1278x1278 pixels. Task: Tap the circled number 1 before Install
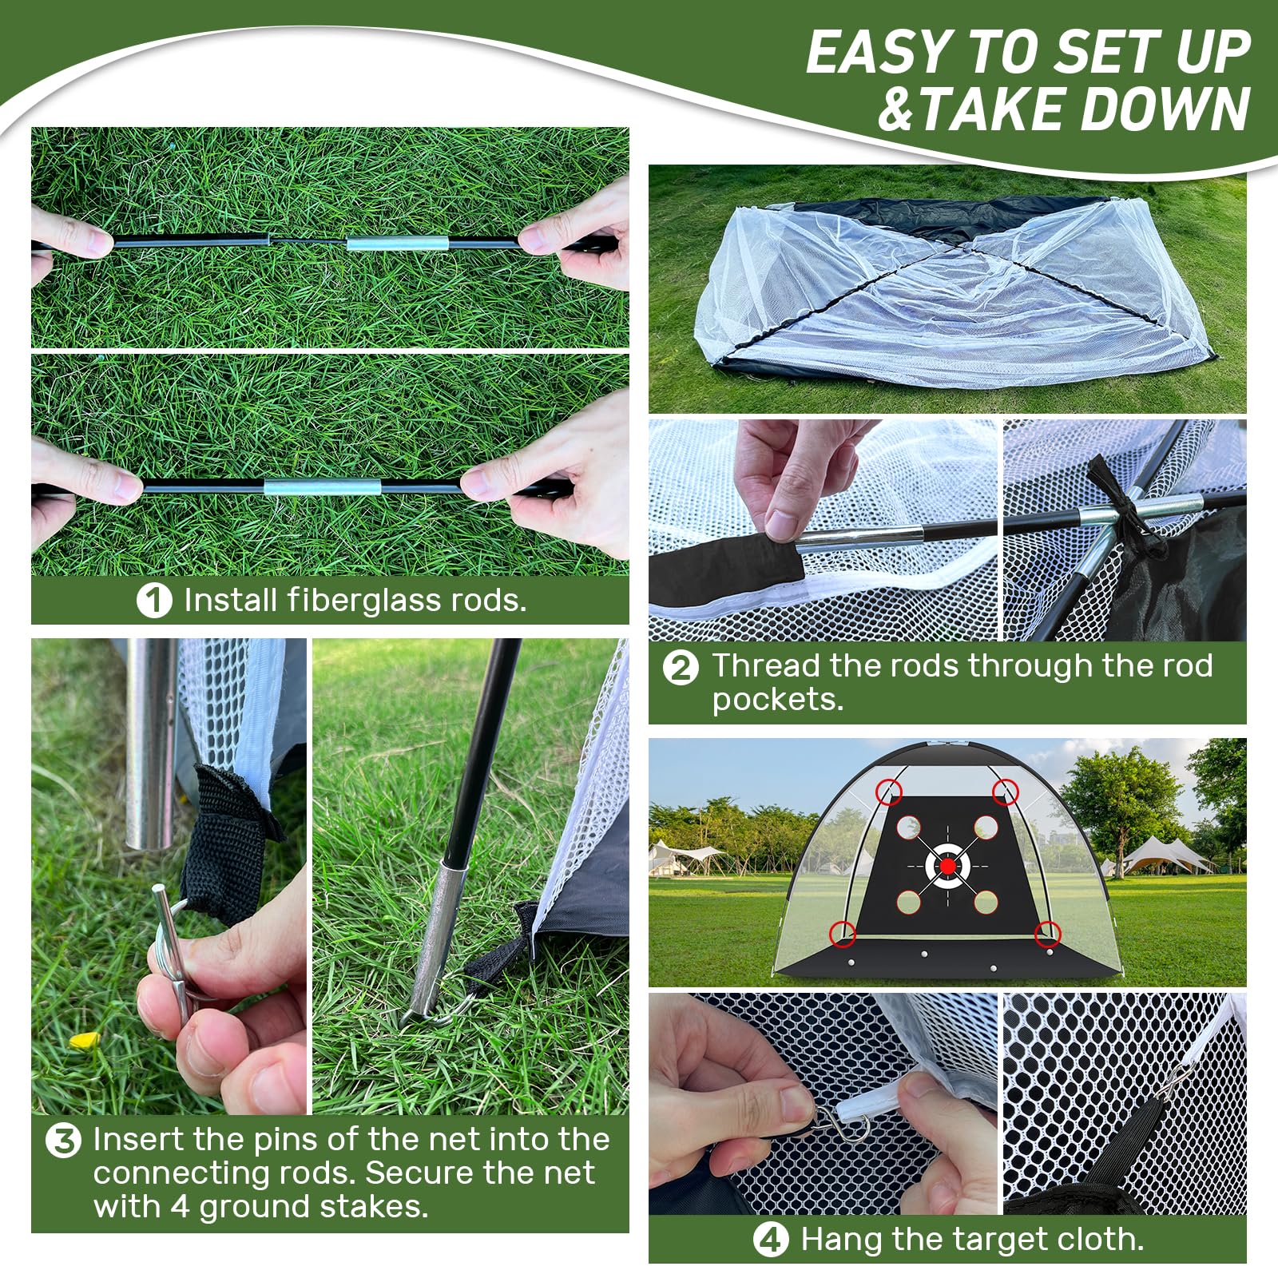click(x=154, y=601)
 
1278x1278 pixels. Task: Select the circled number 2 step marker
click(x=681, y=667)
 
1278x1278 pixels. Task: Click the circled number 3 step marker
click(x=63, y=1141)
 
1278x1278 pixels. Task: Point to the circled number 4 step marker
click(x=770, y=1240)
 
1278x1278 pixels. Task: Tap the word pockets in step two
click(x=776, y=701)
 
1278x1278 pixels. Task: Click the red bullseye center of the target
click(x=947, y=865)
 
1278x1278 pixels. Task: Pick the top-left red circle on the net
click(x=889, y=792)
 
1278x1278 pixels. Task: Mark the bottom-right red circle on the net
click(x=1047, y=933)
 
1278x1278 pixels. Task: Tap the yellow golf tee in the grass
click(x=83, y=1040)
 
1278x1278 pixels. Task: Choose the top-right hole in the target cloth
click(x=986, y=828)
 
